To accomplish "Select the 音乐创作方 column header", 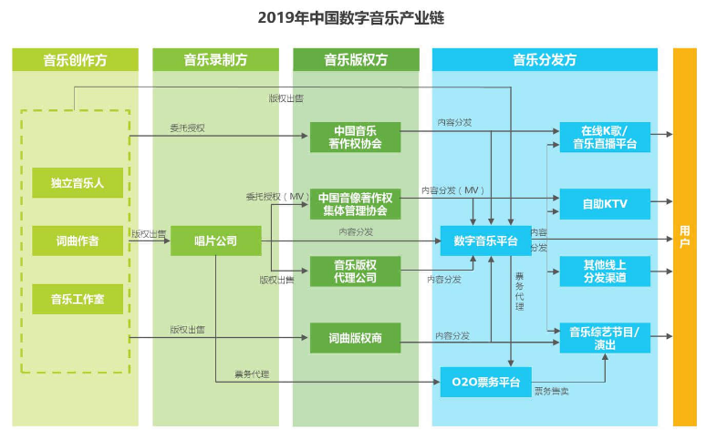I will [76, 60].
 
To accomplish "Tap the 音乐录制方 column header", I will [216, 60].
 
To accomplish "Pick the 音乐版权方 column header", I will [356, 60].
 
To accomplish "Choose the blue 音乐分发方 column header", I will [545, 60].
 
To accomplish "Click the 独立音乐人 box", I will [78, 183].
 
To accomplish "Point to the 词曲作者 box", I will [78, 240].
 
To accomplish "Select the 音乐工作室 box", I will [78, 299].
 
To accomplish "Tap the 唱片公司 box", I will [216, 240].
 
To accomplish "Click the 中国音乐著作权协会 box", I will [356, 137].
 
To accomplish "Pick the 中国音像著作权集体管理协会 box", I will [356, 204].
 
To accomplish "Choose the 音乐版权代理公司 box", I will [356, 271].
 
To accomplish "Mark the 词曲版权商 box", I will [356, 338].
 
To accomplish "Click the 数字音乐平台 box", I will [485, 241].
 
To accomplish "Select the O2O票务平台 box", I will [485, 382].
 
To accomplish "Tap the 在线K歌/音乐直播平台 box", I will [605, 137].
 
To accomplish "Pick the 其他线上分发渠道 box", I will [605, 271].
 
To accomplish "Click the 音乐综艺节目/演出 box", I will [605, 338].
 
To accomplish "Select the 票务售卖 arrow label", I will [551, 391].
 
